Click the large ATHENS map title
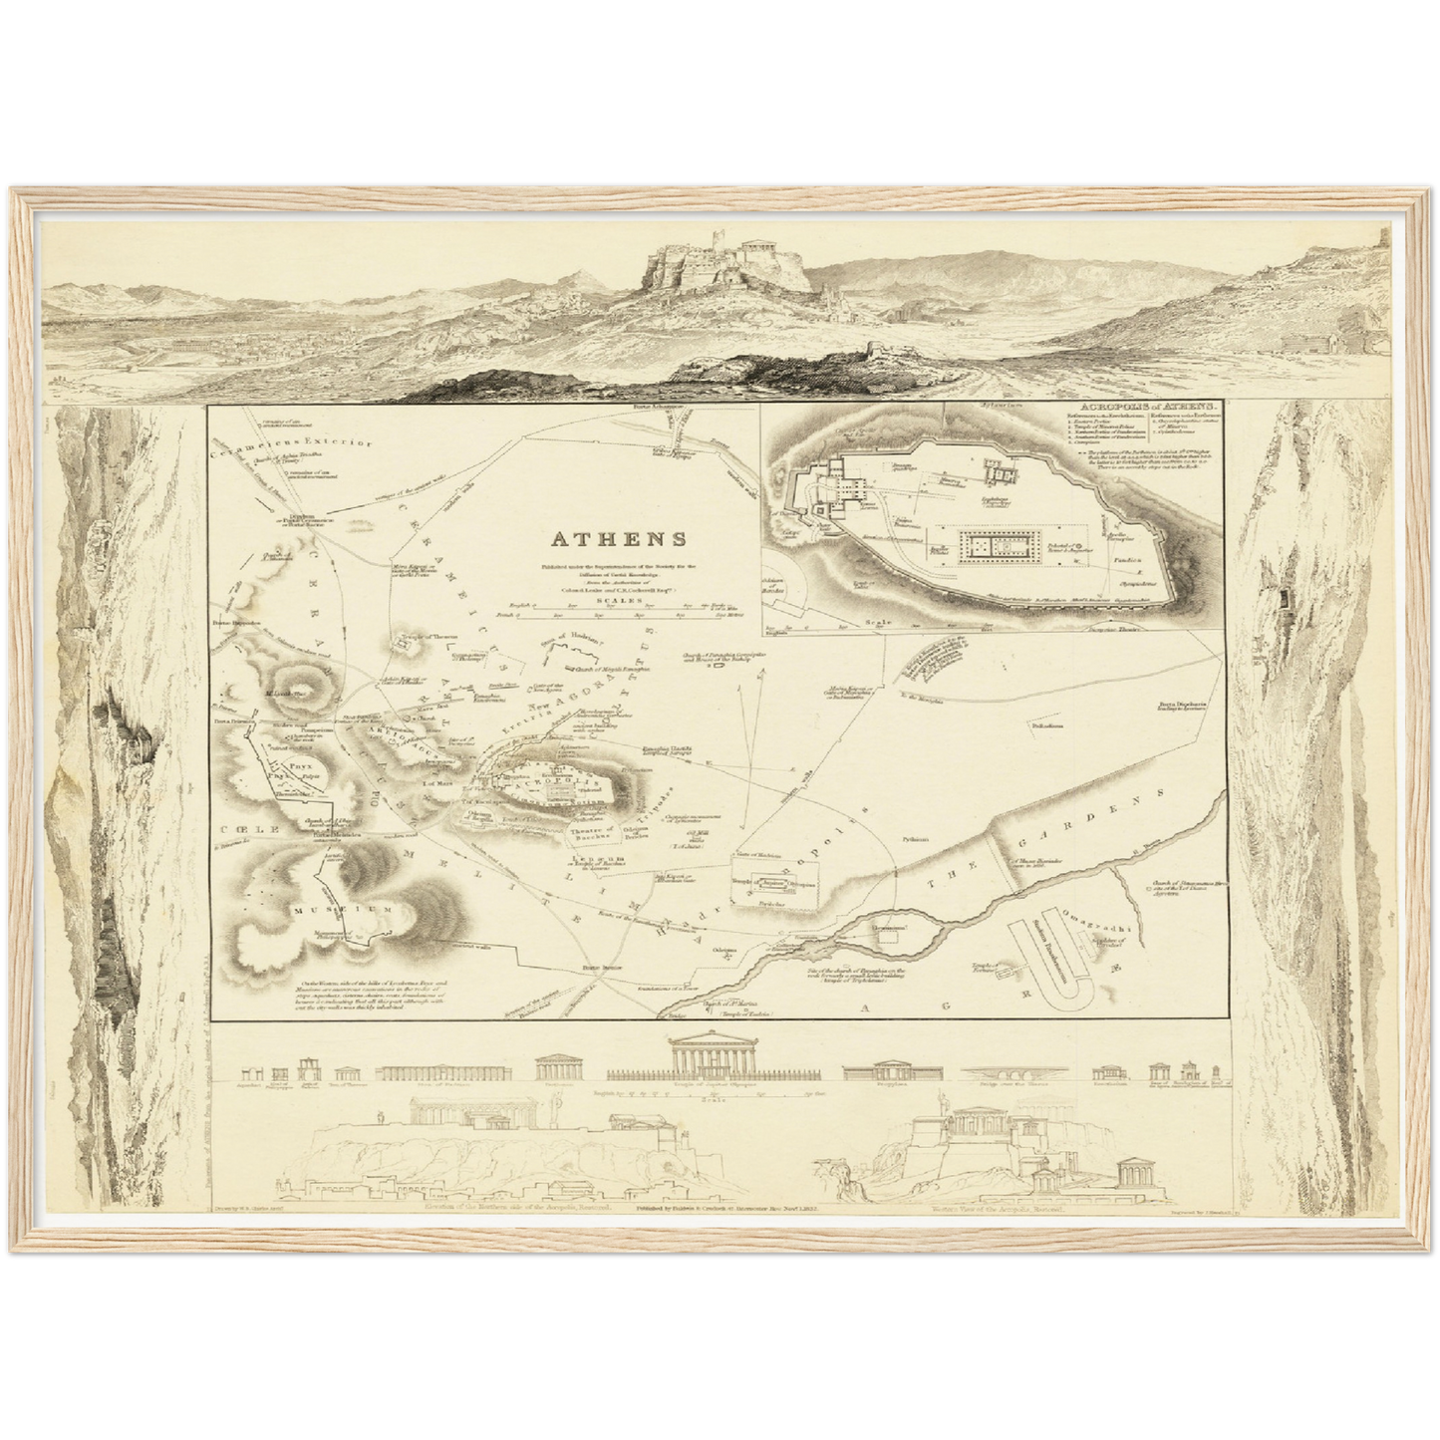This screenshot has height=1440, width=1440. click(x=617, y=540)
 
